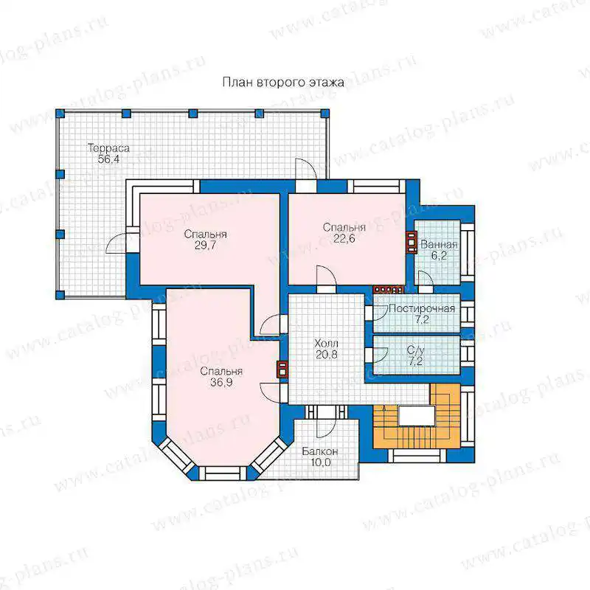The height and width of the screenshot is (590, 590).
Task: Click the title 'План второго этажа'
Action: pos(283,83)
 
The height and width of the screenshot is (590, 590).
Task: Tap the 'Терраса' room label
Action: pos(108,148)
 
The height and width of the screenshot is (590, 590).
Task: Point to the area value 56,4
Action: pos(108,159)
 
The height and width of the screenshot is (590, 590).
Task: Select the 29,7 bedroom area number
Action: pos(206,246)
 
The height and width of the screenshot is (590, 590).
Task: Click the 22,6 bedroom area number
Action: pos(344,238)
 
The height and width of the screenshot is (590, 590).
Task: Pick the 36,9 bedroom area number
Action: pos(221,382)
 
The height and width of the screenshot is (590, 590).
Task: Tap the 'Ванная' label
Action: pos(439,244)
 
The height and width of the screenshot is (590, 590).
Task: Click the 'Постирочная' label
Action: pos(422,308)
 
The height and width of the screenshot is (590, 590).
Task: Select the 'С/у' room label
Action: pos(415,350)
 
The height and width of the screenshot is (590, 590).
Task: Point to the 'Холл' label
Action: pos(326,343)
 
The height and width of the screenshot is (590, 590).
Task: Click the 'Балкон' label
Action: pos(320,451)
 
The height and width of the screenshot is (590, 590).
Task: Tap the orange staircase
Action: pos(417,416)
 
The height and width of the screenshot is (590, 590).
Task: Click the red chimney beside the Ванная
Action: pos(412,242)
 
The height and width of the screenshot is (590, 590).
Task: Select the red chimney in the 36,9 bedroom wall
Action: pos(282,369)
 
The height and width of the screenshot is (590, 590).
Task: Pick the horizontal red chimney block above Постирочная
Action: pos(388,289)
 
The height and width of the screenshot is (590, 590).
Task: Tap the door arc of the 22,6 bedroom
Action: pos(326,274)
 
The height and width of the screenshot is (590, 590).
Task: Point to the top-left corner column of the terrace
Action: pos(60,114)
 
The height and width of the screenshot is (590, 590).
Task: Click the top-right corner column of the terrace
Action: pos(324,114)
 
